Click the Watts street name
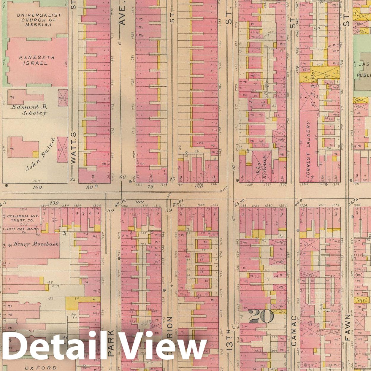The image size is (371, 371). (x=74, y=148)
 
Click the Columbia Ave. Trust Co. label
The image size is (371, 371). (x=23, y=218)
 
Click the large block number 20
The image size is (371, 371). (x=261, y=317)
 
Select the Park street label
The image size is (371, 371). (x=111, y=343)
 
